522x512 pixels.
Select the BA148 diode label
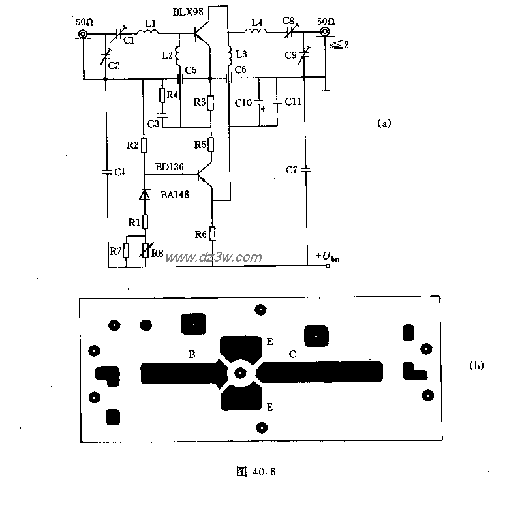tap(174, 193)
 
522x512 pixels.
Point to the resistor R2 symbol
tap(144, 145)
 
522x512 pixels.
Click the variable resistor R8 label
tap(157, 252)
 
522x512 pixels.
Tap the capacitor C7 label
tap(291, 170)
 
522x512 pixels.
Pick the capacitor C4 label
tap(119, 172)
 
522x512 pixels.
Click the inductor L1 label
tap(150, 23)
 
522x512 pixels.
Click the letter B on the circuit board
tap(192, 354)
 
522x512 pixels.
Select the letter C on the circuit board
tap(292, 354)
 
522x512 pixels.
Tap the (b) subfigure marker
tap(476, 365)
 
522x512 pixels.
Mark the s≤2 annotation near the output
tap(336, 44)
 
